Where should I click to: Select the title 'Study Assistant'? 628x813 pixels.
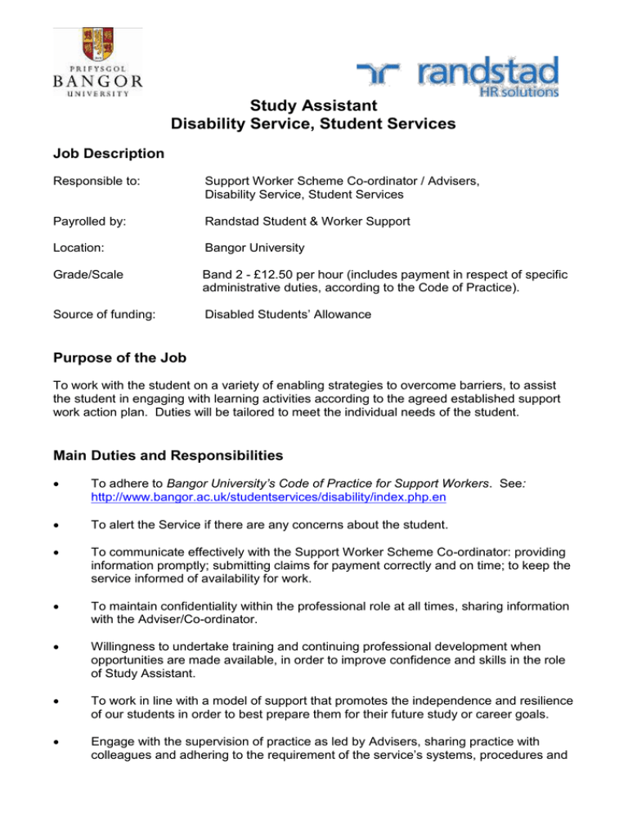[313, 106]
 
